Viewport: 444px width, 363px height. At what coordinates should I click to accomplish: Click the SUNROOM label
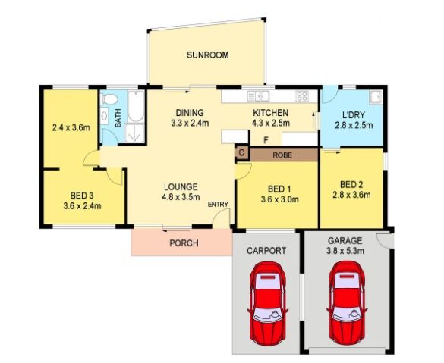(207, 55)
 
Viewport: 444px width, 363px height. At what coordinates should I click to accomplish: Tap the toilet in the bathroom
(110, 99)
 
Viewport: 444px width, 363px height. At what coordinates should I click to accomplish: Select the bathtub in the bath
(136, 106)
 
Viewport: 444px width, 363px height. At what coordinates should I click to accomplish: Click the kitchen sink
(258, 96)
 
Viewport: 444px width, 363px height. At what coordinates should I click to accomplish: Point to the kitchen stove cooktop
(302, 96)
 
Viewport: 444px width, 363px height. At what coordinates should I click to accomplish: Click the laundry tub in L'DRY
(376, 97)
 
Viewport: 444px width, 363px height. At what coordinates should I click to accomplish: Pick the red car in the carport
(267, 303)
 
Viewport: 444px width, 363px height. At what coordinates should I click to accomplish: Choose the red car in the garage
(347, 303)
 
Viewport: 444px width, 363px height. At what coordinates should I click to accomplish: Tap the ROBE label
(282, 155)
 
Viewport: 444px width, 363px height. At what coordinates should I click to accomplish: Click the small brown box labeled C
(241, 152)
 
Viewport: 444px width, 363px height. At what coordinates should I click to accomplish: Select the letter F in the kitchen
(266, 140)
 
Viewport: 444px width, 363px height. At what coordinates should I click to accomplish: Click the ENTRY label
(218, 204)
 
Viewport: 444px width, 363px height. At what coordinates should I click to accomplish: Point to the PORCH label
(184, 243)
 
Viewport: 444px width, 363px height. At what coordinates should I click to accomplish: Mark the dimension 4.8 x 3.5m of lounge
(181, 197)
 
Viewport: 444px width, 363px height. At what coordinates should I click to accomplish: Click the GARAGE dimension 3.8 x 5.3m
(345, 251)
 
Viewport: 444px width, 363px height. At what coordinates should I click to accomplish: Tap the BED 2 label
(351, 185)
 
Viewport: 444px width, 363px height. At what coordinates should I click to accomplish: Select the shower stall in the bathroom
(135, 133)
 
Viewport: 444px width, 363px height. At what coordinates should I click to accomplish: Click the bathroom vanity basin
(104, 116)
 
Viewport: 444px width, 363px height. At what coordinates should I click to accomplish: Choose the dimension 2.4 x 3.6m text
(71, 128)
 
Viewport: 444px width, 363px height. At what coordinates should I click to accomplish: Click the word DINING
(190, 113)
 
